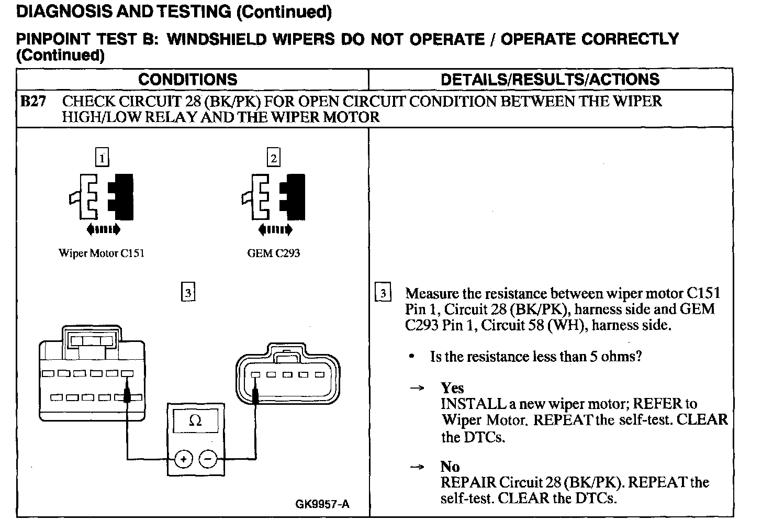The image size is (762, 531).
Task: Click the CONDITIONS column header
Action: pos(187,80)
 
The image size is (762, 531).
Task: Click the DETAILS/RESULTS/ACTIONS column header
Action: pos(550,80)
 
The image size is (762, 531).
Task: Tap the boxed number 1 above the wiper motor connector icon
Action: pos(103,158)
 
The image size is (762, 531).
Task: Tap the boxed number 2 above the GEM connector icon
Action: pos(273,158)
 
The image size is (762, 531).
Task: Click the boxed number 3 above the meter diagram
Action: pos(188,291)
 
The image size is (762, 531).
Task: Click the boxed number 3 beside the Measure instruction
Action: pos(383,293)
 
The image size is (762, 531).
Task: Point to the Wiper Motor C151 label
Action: pos(102,253)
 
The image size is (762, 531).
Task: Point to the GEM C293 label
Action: pos(273,253)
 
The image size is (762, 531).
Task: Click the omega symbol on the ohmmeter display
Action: pos(195,421)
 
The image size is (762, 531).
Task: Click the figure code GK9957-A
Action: pos(322,504)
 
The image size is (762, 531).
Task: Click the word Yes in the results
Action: pos(452,388)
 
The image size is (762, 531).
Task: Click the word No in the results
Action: pos(450,467)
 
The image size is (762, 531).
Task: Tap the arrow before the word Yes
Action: pos(417,389)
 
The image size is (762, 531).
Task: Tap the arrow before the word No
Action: pos(417,467)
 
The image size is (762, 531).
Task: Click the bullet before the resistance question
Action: pos(412,357)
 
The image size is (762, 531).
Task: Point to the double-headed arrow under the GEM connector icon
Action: pos(275,229)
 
